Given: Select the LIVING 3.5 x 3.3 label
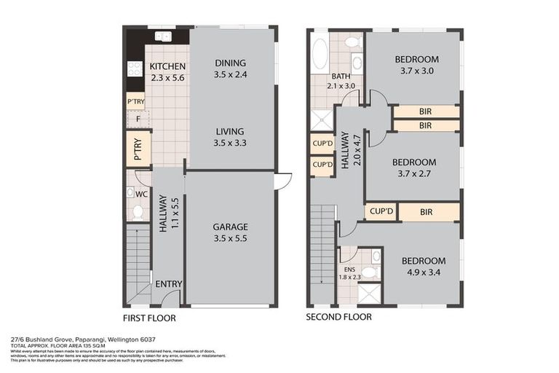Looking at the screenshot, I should click(x=230, y=137).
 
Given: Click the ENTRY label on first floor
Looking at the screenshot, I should click(x=168, y=284).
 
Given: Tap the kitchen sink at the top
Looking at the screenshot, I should click(x=163, y=36).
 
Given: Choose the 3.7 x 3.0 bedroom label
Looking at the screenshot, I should click(x=416, y=65).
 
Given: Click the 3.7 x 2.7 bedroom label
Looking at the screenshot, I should click(x=413, y=168).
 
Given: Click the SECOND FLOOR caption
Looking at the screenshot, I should click(x=338, y=317).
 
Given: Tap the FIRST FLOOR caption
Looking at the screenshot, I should click(x=149, y=318).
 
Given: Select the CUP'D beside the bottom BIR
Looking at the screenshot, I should click(x=381, y=212).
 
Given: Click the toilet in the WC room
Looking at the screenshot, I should click(x=138, y=211).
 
